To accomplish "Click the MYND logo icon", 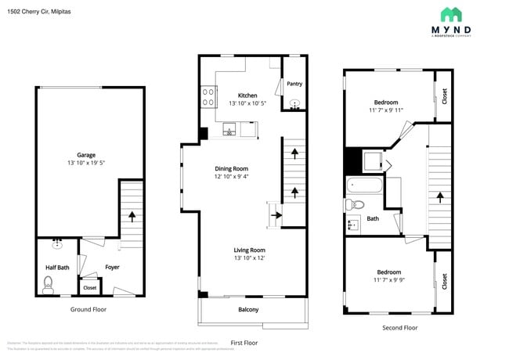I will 450,14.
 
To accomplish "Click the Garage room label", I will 86,155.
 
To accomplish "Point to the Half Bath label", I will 57,268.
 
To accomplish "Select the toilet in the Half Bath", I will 48,283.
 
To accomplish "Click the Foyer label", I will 113,268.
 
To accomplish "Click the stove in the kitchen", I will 209,96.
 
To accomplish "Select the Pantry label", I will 294,84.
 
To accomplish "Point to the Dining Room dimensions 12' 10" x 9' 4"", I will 232,177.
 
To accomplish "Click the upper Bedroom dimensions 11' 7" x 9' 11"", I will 386,111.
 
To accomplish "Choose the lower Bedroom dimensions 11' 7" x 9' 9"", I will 388,279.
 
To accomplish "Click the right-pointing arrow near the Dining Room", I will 276,212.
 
